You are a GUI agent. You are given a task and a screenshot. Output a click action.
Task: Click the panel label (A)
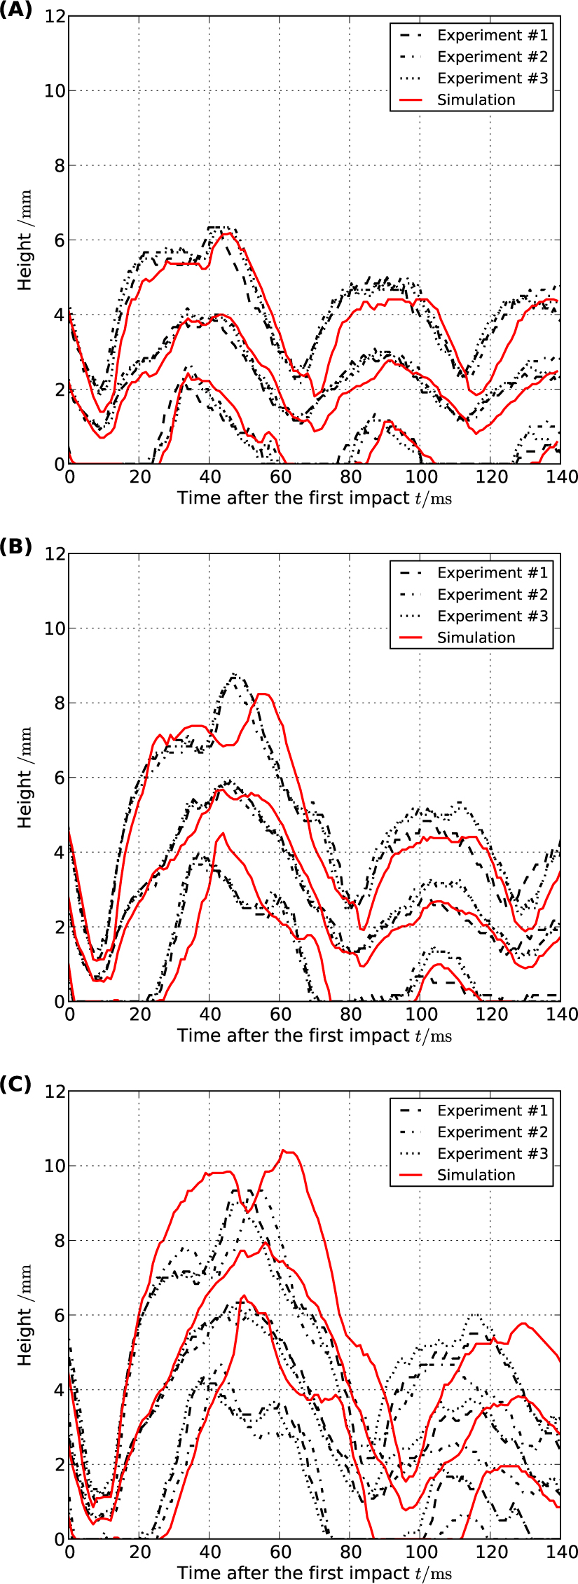[x=15, y=9]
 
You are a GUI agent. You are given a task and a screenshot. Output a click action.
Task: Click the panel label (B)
[x=15, y=547]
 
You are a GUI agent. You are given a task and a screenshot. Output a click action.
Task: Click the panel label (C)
[x=15, y=1084]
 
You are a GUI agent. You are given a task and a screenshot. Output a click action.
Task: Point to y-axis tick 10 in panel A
[x=55, y=91]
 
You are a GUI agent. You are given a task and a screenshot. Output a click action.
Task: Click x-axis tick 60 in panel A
[x=280, y=477]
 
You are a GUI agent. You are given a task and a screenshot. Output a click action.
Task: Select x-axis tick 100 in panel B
[x=421, y=1014]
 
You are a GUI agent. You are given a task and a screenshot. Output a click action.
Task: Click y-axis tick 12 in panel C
[x=55, y=1091]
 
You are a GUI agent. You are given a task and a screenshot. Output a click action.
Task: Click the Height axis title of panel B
[x=25, y=778]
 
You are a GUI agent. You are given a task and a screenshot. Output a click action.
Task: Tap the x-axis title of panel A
[x=314, y=498]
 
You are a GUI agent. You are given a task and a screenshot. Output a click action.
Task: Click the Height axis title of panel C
[x=25, y=1316]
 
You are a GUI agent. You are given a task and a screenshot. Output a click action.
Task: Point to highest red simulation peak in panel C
[x=284, y=1150]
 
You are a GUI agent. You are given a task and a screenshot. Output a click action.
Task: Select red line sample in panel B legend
[x=411, y=638]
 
